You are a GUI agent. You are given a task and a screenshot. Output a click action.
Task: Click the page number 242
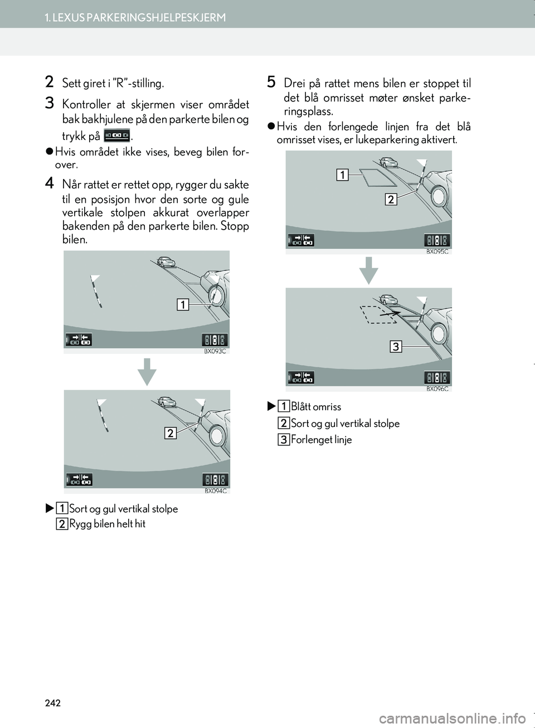coord(52,703)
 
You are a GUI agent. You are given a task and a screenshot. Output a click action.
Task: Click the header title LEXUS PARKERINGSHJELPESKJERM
coord(135,17)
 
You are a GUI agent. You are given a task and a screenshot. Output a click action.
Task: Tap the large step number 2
coord(50,82)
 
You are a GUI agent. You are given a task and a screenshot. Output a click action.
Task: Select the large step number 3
coord(50,103)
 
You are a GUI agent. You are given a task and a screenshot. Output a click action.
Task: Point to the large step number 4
coord(50,183)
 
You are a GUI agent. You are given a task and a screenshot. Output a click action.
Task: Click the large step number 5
coord(271,82)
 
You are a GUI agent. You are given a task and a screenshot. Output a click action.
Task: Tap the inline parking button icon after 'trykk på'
coord(116,135)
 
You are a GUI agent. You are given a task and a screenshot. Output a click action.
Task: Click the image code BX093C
coord(215,351)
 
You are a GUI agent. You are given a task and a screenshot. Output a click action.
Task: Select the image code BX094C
coord(216,491)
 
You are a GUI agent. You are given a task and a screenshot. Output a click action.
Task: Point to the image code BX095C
coord(437,251)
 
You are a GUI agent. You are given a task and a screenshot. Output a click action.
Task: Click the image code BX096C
coord(437,389)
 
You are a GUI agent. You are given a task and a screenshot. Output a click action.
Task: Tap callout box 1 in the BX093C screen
coord(183,304)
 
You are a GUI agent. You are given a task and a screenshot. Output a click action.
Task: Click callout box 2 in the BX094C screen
coord(170,433)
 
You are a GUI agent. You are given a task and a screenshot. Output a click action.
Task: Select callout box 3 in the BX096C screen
coord(395,347)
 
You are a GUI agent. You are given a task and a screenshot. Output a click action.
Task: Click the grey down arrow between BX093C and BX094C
coord(147,372)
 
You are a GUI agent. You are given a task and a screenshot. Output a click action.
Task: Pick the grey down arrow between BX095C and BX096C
coord(368,270)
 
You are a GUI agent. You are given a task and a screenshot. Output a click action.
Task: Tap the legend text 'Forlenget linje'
coord(321,440)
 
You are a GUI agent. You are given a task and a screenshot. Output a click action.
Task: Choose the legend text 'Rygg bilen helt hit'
coord(107,524)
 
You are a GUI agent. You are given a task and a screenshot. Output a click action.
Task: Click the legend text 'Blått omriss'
coord(316,407)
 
